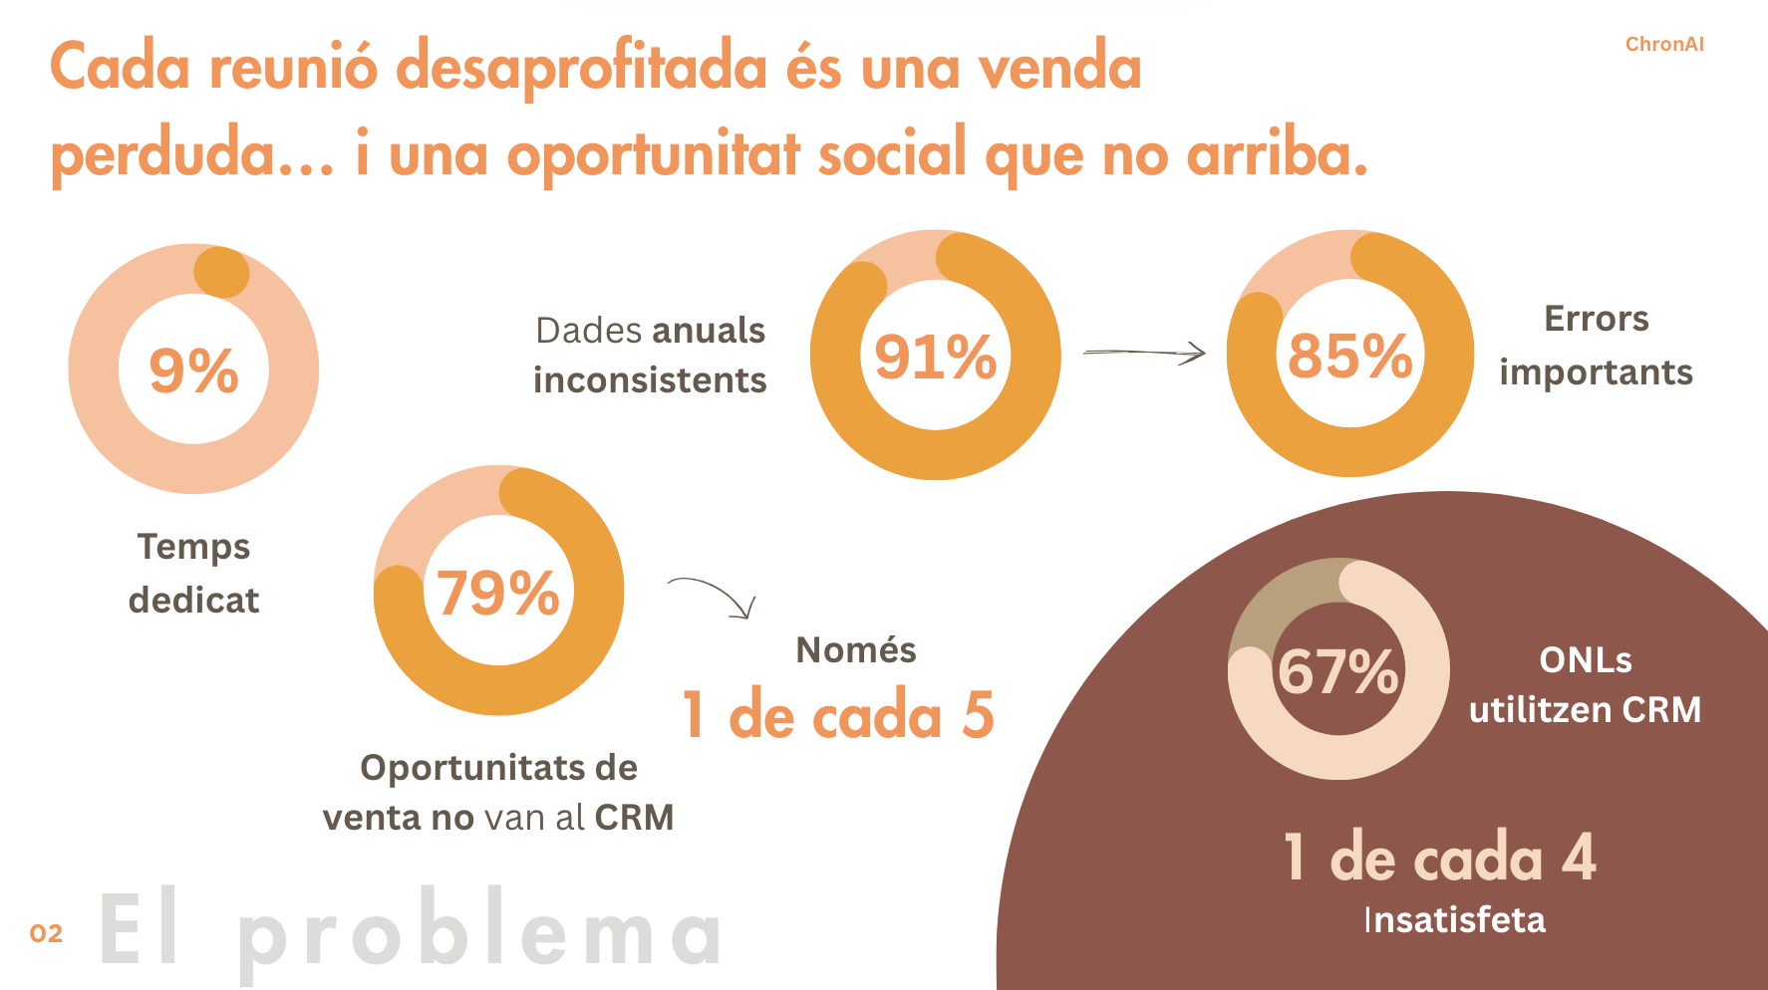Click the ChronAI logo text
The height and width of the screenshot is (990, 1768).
coord(1663,44)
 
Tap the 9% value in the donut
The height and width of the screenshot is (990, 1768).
coord(193,371)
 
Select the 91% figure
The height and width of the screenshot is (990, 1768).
coord(935,357)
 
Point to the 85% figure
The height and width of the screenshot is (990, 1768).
coord(1349,356)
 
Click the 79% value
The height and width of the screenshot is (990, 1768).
coord(497,594)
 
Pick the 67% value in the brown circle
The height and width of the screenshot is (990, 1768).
coord(1337,670)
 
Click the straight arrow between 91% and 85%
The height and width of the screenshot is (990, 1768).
coord(1144,352)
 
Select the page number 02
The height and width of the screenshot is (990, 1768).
coord(46,933)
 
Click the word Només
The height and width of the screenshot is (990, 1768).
coord(855,650)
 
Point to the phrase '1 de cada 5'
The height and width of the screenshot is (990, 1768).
coord(837,715)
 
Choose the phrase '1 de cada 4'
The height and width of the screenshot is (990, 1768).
coord(1439,858)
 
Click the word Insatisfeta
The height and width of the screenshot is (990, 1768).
coord(1454,920)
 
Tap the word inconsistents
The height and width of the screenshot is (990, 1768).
coord(650,380)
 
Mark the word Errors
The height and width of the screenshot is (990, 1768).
coord(1596,319)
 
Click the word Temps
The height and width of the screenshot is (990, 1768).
coord(193,547)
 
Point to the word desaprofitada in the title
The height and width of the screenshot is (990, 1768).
coord(581,68)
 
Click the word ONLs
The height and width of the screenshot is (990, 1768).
coord(1585,660)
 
